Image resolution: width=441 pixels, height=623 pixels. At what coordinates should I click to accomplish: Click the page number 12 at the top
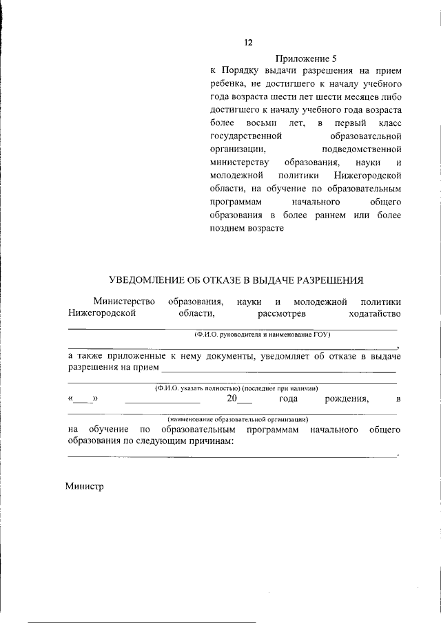point(248,43)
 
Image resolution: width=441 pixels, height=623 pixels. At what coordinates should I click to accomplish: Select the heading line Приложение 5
point(305,59)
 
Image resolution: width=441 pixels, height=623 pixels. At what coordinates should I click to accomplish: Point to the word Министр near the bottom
point(84,486)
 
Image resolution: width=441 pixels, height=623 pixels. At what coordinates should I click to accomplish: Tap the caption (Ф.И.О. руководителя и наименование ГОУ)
point(262,335)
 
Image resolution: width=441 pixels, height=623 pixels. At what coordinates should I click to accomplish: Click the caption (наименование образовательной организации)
point(238,419)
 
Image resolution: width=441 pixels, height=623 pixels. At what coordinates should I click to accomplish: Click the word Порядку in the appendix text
point(240,71)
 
